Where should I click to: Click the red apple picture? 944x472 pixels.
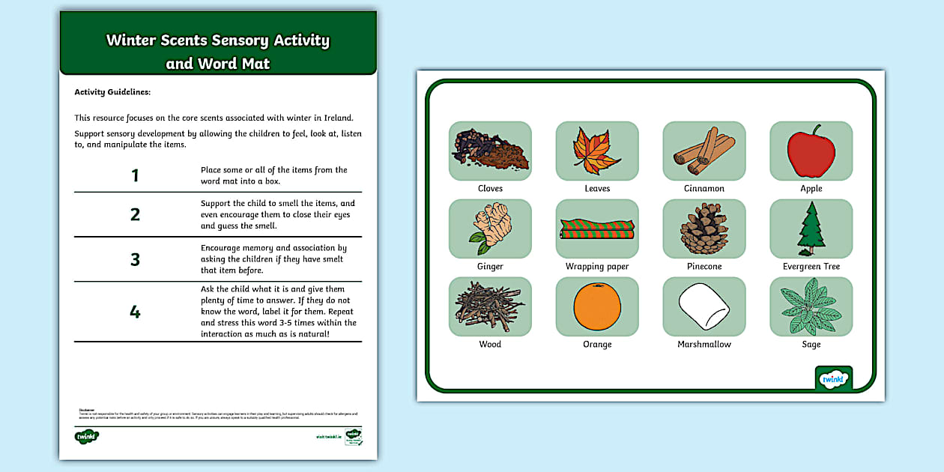811,151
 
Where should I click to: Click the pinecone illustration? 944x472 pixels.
704,229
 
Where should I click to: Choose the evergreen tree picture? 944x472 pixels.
811,229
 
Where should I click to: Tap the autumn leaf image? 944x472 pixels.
596,150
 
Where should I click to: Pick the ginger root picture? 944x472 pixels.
490,229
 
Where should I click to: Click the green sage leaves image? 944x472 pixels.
811,307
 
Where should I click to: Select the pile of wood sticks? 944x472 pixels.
490,306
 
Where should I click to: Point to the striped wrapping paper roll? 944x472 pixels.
596,229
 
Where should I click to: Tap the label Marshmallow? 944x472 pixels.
704,345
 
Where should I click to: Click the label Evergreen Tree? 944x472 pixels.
811,267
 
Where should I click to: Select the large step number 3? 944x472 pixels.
135,260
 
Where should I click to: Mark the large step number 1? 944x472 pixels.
135,176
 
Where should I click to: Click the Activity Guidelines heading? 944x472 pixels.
112,92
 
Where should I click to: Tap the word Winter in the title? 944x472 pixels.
131,40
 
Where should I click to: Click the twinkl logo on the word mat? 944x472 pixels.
833,379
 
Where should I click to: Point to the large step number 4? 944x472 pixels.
135,312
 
